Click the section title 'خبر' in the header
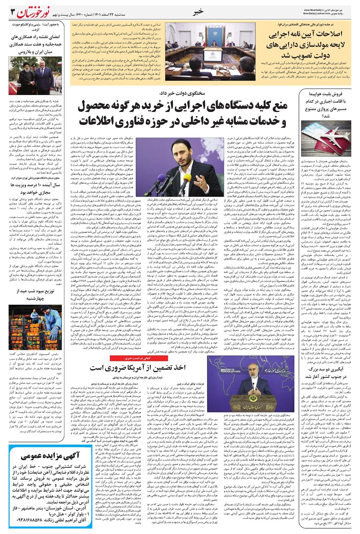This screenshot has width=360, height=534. [198, 12]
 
